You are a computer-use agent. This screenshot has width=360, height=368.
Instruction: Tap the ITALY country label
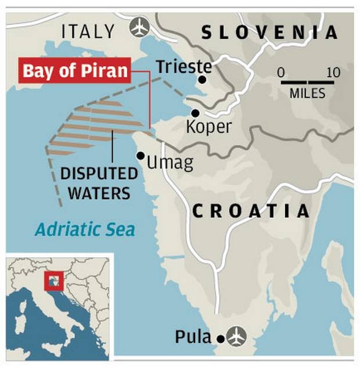(x=88, y=31)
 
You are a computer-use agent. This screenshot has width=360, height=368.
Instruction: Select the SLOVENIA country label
(x=269, y=32)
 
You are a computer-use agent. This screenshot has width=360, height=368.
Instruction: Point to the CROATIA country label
(x=250, y=211)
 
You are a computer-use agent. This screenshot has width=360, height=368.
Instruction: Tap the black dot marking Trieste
(x=203, y=80)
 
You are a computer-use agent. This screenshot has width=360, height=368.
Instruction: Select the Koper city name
(x=208, y=127)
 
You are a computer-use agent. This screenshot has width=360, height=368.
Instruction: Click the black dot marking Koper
(x=196, y=113)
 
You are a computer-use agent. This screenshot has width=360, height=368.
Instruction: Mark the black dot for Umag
(x=141, y=155)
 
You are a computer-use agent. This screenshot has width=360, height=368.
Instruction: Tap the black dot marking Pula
(x=220, y=338)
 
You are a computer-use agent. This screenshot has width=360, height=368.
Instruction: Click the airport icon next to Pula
(x=237, y=335)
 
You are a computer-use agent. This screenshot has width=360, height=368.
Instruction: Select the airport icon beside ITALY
(x=140, y=27)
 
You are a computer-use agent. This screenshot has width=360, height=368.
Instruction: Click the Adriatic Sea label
(x=85, y=229)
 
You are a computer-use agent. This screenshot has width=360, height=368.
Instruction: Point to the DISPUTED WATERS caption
(x=99, y=183)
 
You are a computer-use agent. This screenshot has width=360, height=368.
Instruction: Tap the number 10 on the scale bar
(x=333, y=73)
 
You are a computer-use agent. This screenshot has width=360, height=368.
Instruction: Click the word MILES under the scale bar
(x=307, y=93)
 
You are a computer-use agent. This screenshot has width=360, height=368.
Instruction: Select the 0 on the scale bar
(x=281, y=73)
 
